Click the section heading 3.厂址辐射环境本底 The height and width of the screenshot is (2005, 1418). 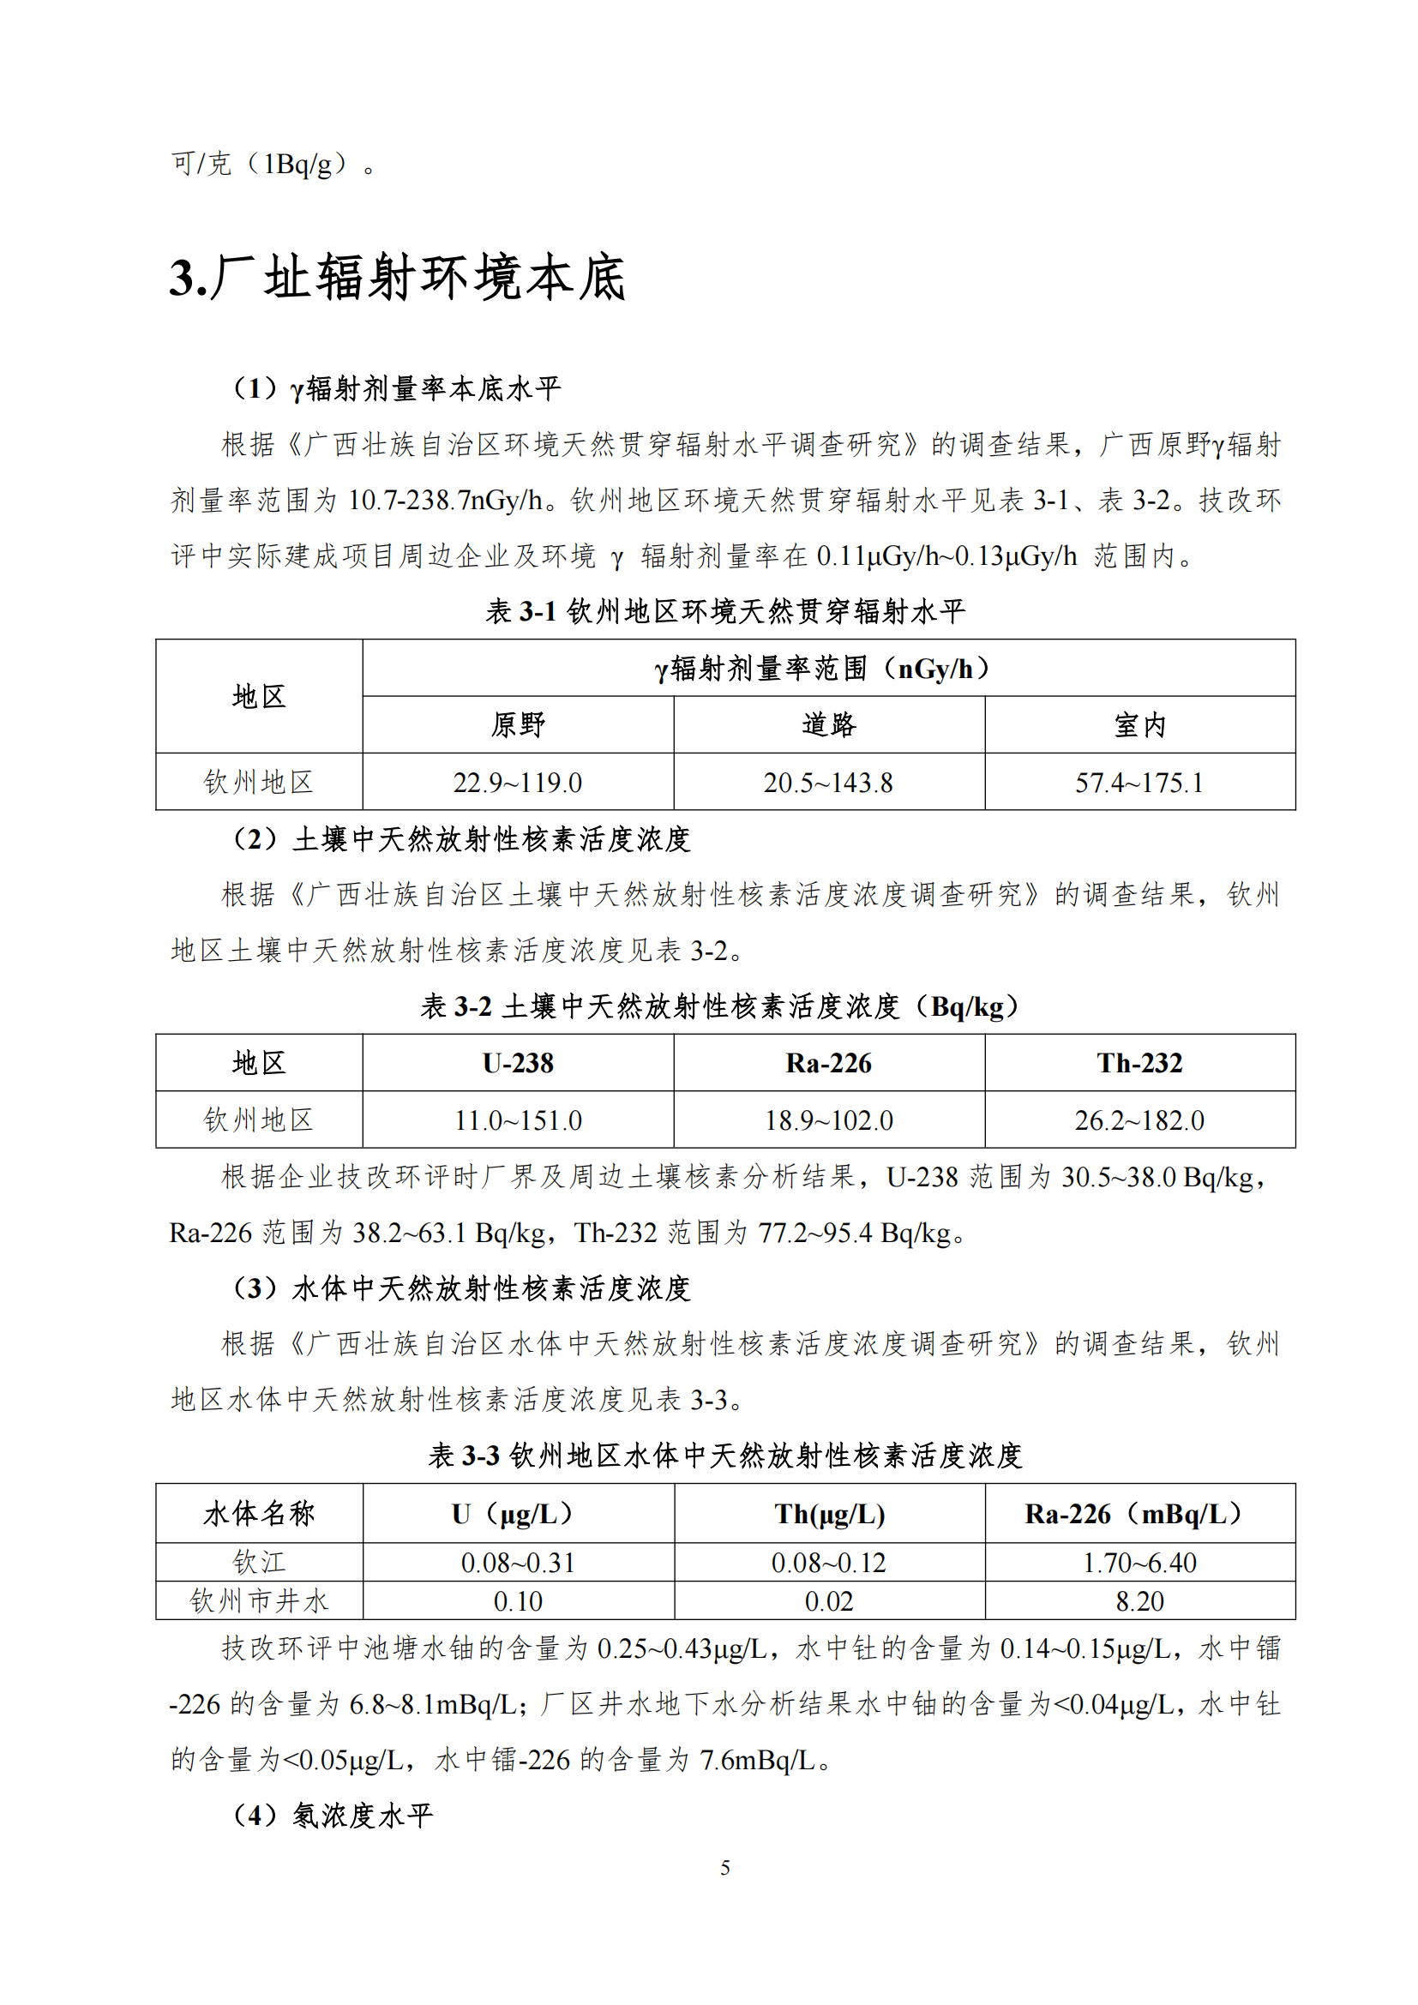click(x=397, y=278)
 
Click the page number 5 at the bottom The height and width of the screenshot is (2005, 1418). click(x=724, y=1868)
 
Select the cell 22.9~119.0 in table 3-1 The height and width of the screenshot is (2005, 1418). click(x=517, y=783)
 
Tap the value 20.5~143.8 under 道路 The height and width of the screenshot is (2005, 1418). click(x=828, y=783)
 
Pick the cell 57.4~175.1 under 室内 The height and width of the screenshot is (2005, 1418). click(x=1139, y=783)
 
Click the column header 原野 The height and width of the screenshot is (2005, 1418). click(x=517, y=725)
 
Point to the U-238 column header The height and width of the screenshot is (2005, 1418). click(x=517, y=1063)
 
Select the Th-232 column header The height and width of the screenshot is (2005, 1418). click(x=1139, y=1063)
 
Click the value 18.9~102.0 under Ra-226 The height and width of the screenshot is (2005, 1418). click(x=828, y=1120)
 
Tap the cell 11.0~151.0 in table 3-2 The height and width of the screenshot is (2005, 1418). click(x=517, y=1120)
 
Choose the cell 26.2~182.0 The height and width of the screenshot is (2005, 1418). click(x=1139, y=1120)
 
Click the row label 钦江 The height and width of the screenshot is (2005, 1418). click(x=258, y=1563)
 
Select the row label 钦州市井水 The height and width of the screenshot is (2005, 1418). click(x=258, y=1600)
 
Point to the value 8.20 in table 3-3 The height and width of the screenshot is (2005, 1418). click(x=1139, y=1601)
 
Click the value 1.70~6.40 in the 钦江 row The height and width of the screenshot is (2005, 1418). click(x=1139, y=1563)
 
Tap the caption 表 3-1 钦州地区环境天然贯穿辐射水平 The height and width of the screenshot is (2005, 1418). click(x=724, y=611)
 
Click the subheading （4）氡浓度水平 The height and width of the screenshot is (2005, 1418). click(x=332, y=1816)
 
